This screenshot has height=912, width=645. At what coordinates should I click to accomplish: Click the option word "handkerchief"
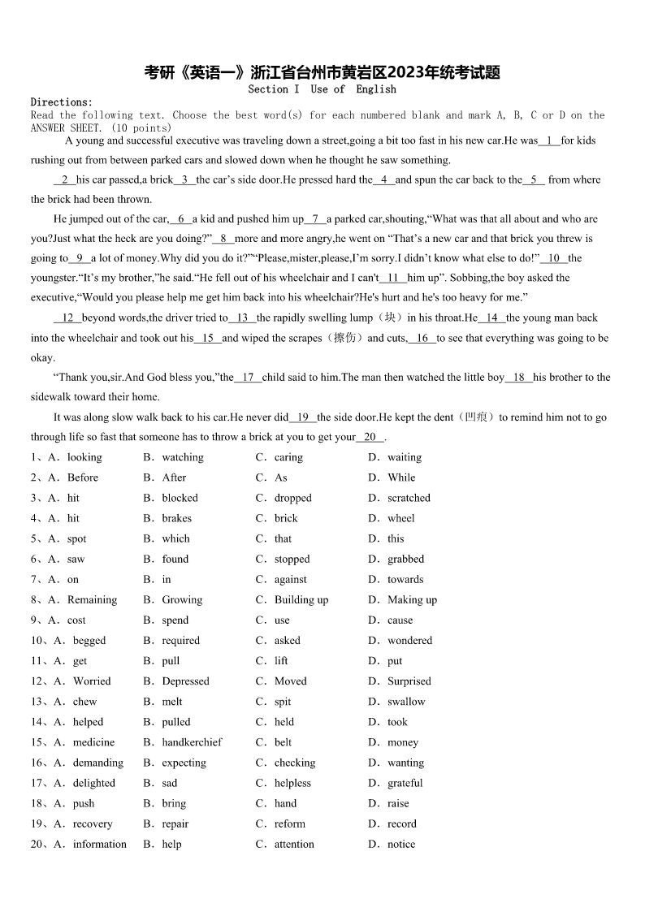(x=192, y=742)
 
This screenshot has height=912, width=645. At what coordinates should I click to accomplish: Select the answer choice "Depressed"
(x=185, y=681)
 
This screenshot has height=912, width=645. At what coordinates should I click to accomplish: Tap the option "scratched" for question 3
(x=409, y=498)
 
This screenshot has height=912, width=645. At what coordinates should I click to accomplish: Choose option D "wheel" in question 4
(x=400, y=518)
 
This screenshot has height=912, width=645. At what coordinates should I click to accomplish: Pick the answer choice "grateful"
(x=405, y=783)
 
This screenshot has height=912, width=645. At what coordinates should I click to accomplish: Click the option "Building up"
(x=301, y=600)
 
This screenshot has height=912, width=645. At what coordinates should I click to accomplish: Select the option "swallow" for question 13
(x=405, y=702)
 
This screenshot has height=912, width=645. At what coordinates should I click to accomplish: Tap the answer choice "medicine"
(x=93, y=742)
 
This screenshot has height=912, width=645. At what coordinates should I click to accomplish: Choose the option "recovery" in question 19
(x=93, y=823)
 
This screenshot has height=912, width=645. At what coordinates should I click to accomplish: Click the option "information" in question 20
(x=99, y=844)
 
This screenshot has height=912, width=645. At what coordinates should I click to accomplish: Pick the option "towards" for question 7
(x=405, y=580)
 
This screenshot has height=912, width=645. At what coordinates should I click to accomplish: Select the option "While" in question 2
(x=401, y=478)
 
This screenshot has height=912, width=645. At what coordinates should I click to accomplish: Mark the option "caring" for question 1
(x=288, y=457)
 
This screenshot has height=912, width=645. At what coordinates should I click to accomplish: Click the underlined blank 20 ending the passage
(x=370, y=437)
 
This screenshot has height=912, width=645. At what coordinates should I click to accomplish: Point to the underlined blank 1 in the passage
(x=549, y=140)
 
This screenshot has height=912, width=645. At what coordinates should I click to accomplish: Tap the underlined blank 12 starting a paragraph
(x=67, y=318)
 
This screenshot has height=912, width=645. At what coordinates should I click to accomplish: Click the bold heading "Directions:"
(x=62, y=102)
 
